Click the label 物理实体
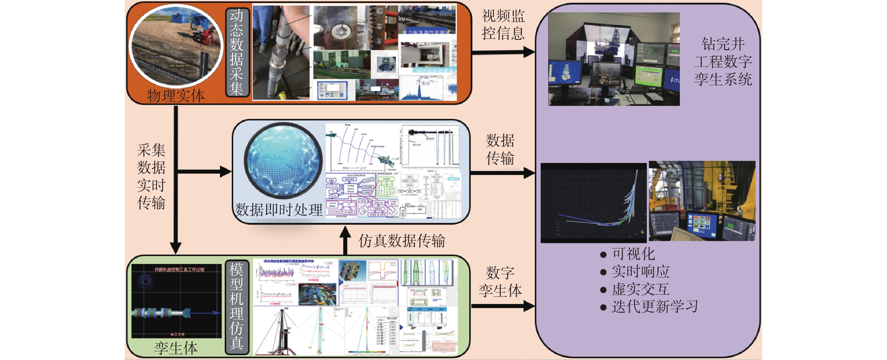[176, 95]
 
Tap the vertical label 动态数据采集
[237, 52]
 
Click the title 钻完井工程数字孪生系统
[723, 62]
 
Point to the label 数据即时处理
[278, 210]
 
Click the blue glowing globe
[283, 161]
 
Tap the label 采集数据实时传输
[151, 176]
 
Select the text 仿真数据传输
[402, 241]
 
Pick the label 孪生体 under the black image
[176, 348]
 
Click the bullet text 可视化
[633, 254]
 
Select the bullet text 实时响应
[640, 272]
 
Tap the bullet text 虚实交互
[640, 289]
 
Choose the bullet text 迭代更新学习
[655, 306]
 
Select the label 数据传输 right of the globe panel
[500, 150]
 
